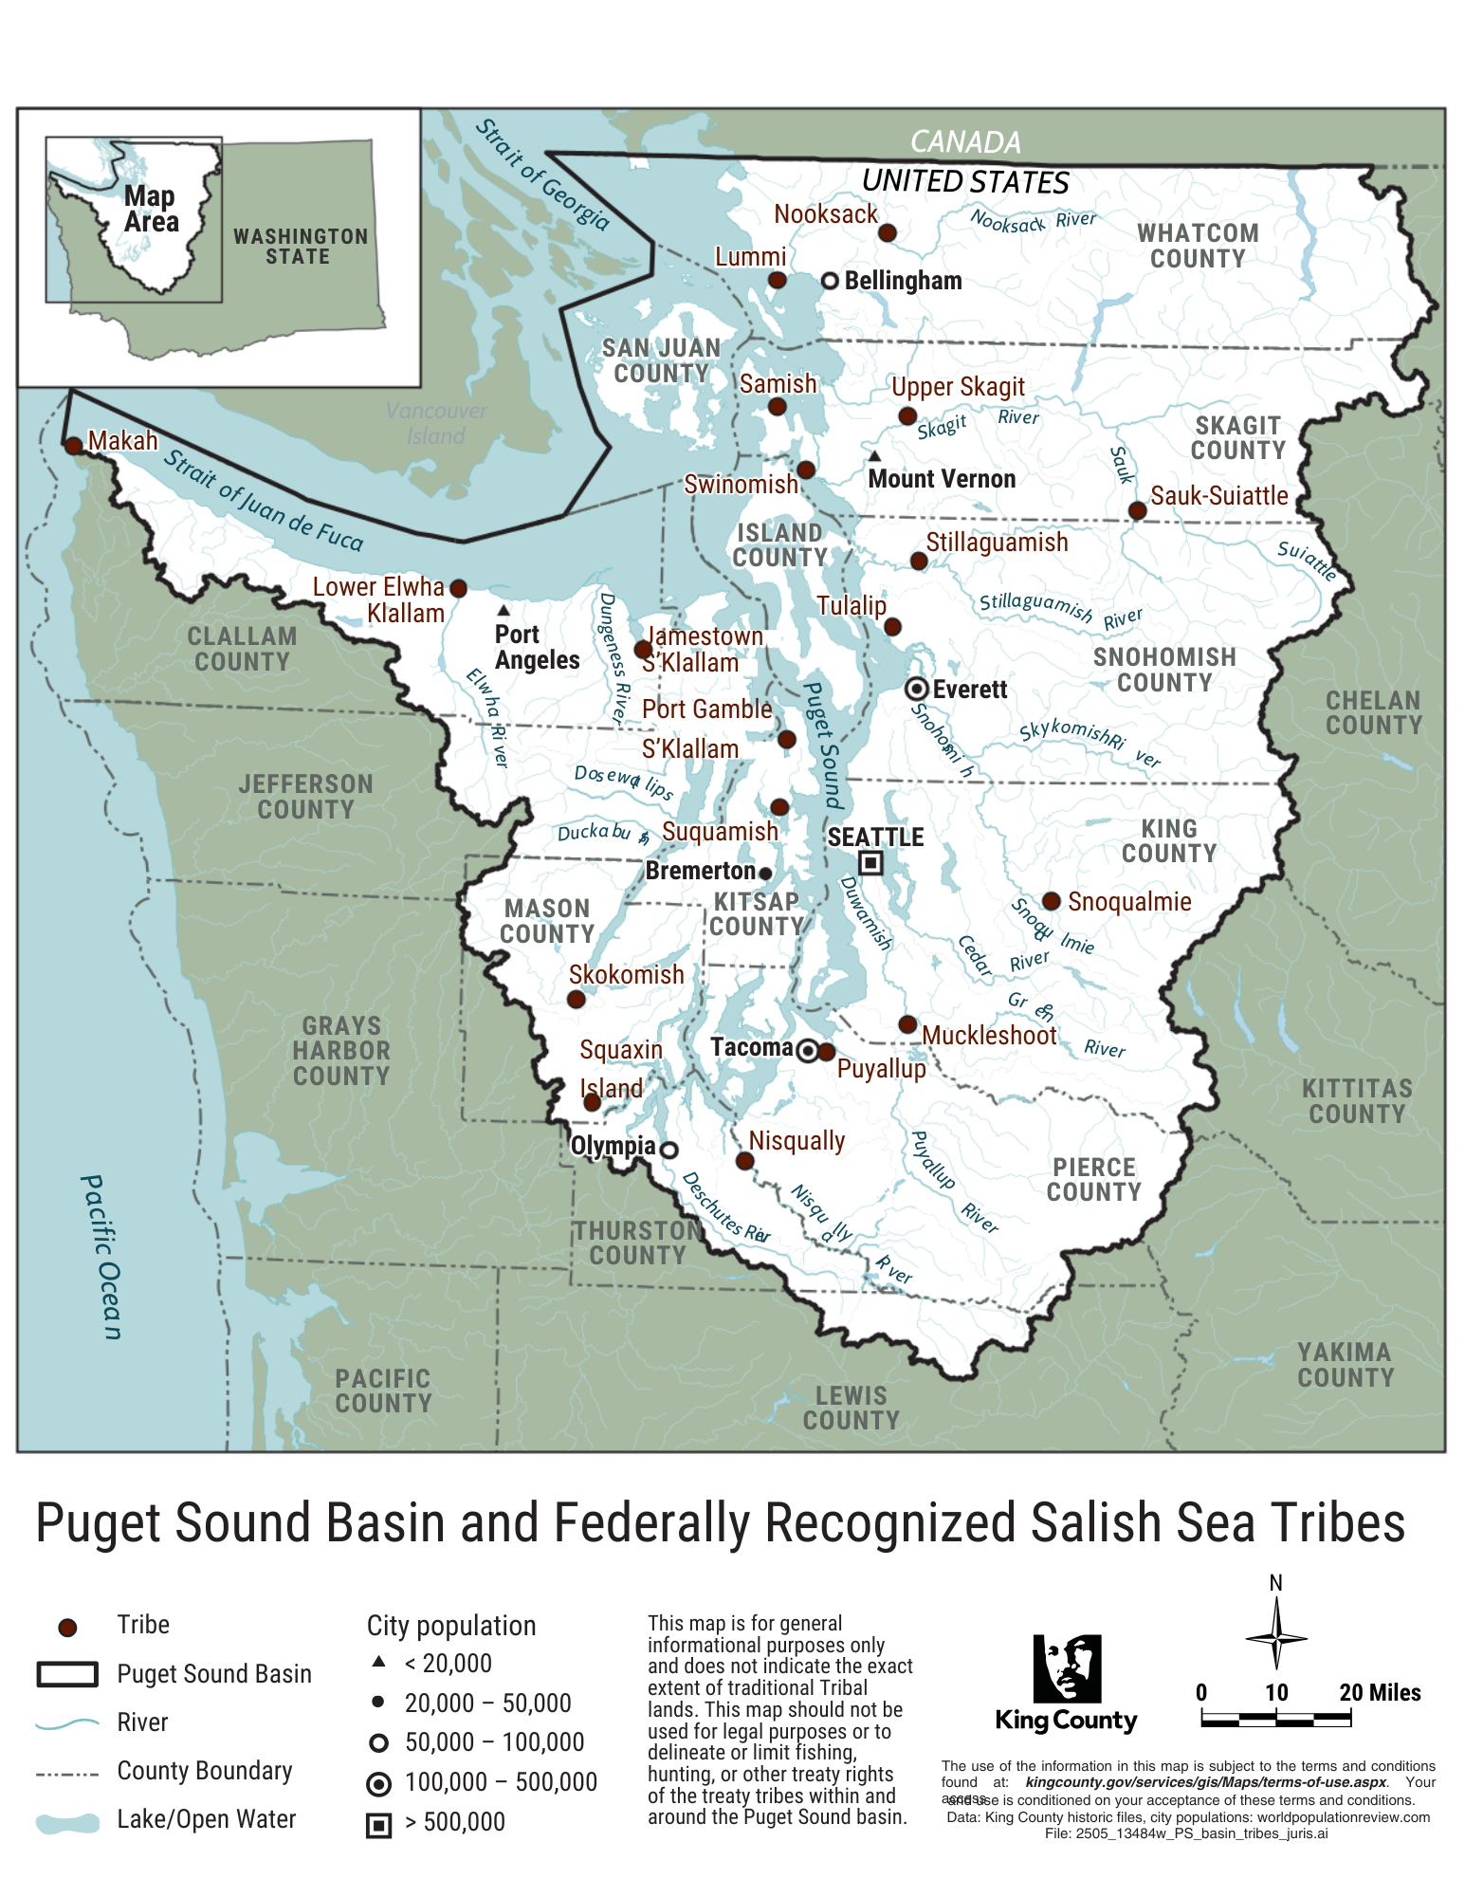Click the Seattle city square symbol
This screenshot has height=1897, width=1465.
pyautogui.click(x=870, y=863)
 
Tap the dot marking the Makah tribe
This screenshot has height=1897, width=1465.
pyautogui.click(x=73, y=445)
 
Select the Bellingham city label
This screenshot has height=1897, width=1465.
pyautogui.click(x=903, y=281)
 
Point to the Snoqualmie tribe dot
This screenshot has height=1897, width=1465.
pyautogui.click(x=1051, y=901)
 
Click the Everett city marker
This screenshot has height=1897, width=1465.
pyautogui.click(x=916, y=689)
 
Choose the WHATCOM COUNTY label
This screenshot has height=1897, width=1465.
pyautogui.click(x=1198, y=246)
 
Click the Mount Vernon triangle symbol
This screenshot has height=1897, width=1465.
pyautogui.click(x=874, y=456)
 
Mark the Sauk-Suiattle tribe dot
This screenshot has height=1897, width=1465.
pyautogui.click(x=1137, y=511)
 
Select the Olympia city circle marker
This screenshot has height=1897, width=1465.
pyautogui.click(x=668, y=1150)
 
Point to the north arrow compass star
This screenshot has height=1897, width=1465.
pyautogui.click(x=1275, y=1637)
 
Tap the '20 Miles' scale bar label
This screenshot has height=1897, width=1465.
pyautogui.click(x=1380, y=1692)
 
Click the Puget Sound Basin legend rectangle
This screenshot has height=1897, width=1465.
pyautogui.click(x=67, y=1674)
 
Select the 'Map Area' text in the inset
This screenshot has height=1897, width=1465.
pyautogui.click(x=151, y=210)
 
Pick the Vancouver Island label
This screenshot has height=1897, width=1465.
pyautogui.click(x=436, y=423)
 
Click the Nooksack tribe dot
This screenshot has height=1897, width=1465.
pyautogui.click(x=887, y=232)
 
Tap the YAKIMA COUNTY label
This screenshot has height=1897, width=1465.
pyautogui.click(x=1346, y=1365)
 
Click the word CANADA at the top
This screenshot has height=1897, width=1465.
pyautogui.click(x=965, y=142)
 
